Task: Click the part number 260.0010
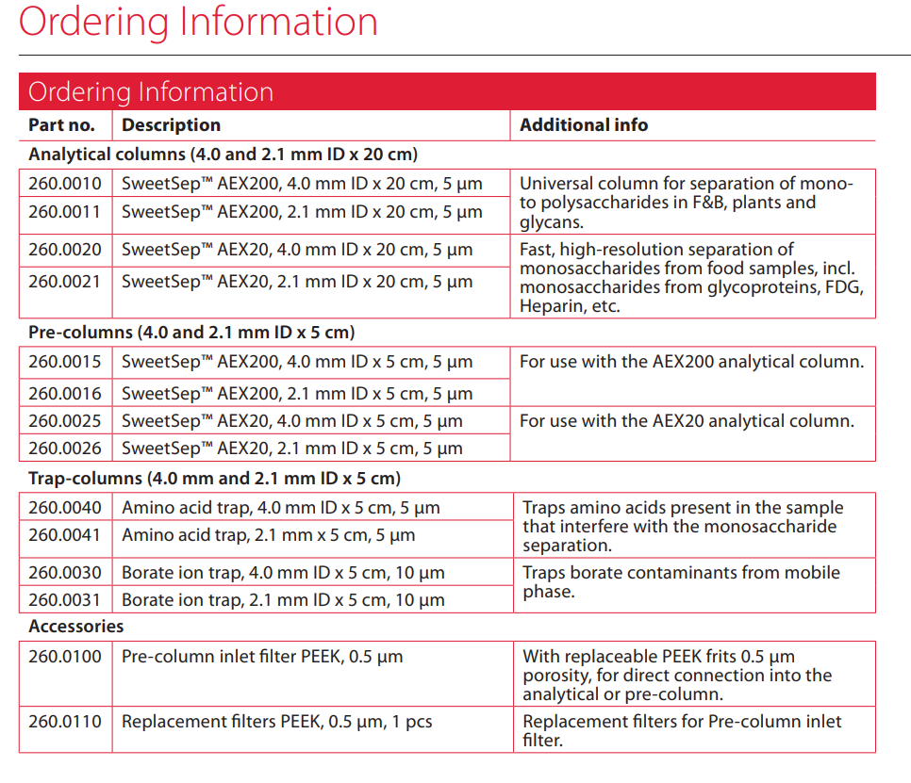[x=64, y=185]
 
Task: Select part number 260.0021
[x=64, y=282]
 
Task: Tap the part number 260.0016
[x=64, y=393]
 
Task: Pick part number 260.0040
[x=64, y=508]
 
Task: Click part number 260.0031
[x=64, y=600]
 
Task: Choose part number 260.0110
[x=64, y=722]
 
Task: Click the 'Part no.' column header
[x=61, y=125]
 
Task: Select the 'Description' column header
[x=171, y=125]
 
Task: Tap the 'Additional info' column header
[x=584, y=125]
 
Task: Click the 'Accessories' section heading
[x=75, y=627]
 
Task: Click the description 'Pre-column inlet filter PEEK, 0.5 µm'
[x=262, y=657]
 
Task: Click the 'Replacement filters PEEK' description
[x=276, y=722]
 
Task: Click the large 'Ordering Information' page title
[x=198, y=22]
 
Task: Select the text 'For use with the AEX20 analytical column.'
[x=687, y=421]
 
